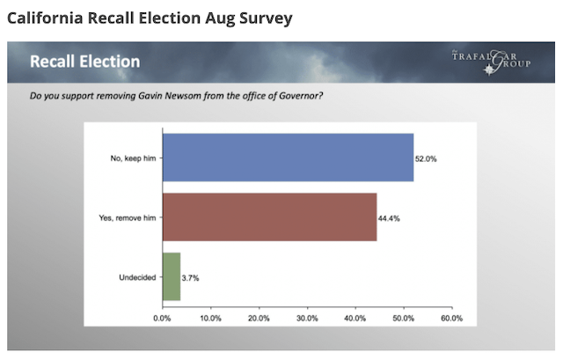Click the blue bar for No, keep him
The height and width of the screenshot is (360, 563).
288,158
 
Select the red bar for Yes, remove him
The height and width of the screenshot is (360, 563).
269,217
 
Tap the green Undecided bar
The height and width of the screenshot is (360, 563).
171,276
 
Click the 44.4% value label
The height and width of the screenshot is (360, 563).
390,217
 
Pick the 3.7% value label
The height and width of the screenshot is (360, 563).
190,277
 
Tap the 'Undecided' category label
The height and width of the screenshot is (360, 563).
137,277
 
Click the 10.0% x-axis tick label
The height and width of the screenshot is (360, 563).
211,318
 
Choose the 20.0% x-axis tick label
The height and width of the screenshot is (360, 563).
259,318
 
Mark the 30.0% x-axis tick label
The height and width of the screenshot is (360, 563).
307,318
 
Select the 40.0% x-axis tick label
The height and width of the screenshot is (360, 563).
355,318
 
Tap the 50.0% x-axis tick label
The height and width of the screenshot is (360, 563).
404,318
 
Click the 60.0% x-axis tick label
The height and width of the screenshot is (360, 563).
451,318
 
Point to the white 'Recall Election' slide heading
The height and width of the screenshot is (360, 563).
84,62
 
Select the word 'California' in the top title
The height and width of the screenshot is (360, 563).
45,18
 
